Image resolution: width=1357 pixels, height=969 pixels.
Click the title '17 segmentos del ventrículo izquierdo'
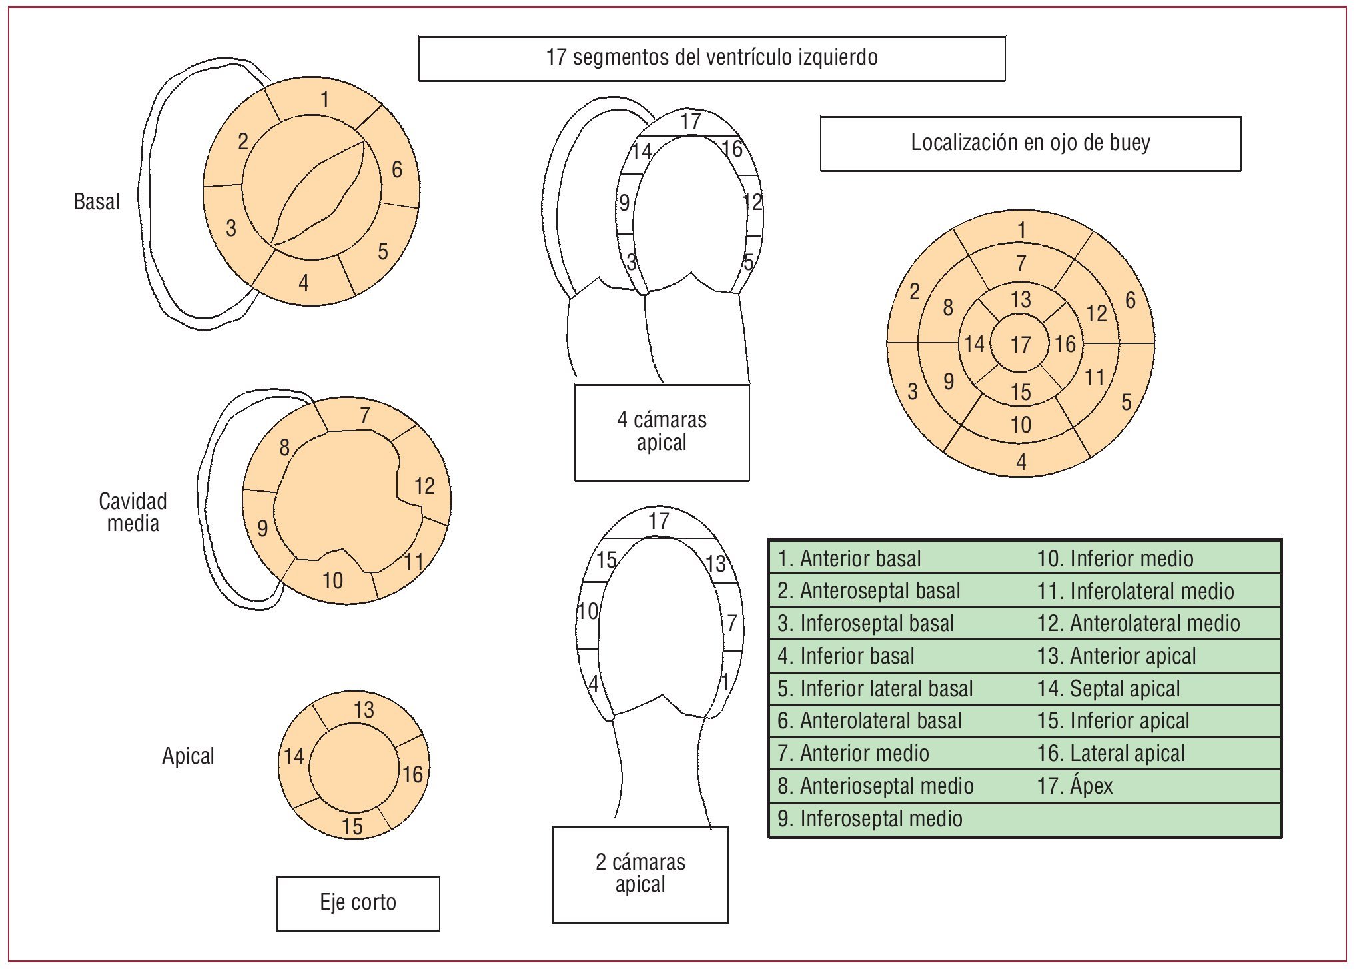711,58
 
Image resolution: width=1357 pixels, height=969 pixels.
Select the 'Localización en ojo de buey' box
1030,143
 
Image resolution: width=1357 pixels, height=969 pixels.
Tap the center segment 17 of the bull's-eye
1020,345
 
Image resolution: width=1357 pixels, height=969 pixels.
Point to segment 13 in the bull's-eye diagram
1020,300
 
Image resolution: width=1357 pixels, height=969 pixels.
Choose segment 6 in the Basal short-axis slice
396,170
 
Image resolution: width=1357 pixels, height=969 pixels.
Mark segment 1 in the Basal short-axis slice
324,100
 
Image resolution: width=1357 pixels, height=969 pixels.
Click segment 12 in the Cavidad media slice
424,486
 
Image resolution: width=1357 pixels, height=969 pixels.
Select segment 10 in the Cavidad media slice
332,580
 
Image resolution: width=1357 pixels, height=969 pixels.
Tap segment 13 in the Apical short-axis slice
364,710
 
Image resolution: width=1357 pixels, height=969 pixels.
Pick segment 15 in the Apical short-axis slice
352,826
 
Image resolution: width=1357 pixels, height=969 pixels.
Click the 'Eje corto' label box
358,903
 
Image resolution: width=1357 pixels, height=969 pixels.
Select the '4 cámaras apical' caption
662,431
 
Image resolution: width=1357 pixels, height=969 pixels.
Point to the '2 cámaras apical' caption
640,874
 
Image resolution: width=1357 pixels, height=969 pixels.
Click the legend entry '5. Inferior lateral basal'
875,688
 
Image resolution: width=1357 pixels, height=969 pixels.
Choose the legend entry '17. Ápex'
1075,786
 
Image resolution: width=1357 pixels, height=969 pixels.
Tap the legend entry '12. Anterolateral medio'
1138,624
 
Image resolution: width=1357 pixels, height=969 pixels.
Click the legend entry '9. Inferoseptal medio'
869,819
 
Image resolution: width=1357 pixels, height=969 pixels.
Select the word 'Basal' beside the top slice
97,202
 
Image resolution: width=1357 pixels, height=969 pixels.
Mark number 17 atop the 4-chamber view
691,122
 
